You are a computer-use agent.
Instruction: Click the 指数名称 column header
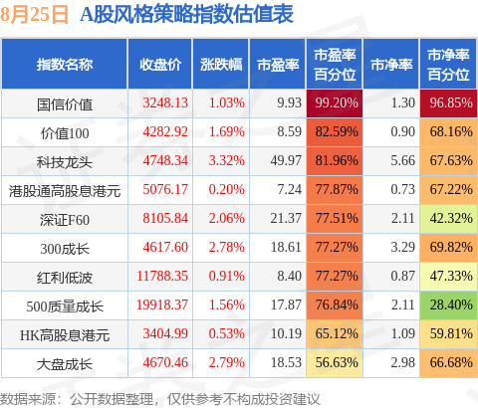[x=65, y=65]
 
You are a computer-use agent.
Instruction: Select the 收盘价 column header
[x=160, y=65]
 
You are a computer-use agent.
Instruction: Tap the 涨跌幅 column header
[x=221, y=65]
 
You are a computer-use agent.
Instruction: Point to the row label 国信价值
[x=65, y=104]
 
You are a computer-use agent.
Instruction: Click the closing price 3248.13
[x=165, y=102]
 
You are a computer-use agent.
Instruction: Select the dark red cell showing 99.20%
[x=335, y=103]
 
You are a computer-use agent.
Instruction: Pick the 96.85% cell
[x=448, y=103]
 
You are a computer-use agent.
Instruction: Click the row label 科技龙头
[x=65, y=162]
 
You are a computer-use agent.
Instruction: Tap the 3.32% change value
[x=227, y=160]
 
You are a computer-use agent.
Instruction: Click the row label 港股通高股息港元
[x=65, y=191]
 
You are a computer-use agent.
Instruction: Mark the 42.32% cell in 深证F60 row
[x=448, y=219]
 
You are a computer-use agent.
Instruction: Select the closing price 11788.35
[x=162, y=276]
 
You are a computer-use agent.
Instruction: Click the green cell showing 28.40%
[x=448, y=306]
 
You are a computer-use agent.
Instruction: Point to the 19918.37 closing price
[x=162, y=305]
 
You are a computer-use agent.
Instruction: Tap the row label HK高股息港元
[x=65, y=335]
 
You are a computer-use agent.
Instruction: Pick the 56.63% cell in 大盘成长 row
[x=335, y=363]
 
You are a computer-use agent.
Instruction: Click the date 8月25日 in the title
[x=34, y=15]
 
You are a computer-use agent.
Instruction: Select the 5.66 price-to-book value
[x=402, y=160]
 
